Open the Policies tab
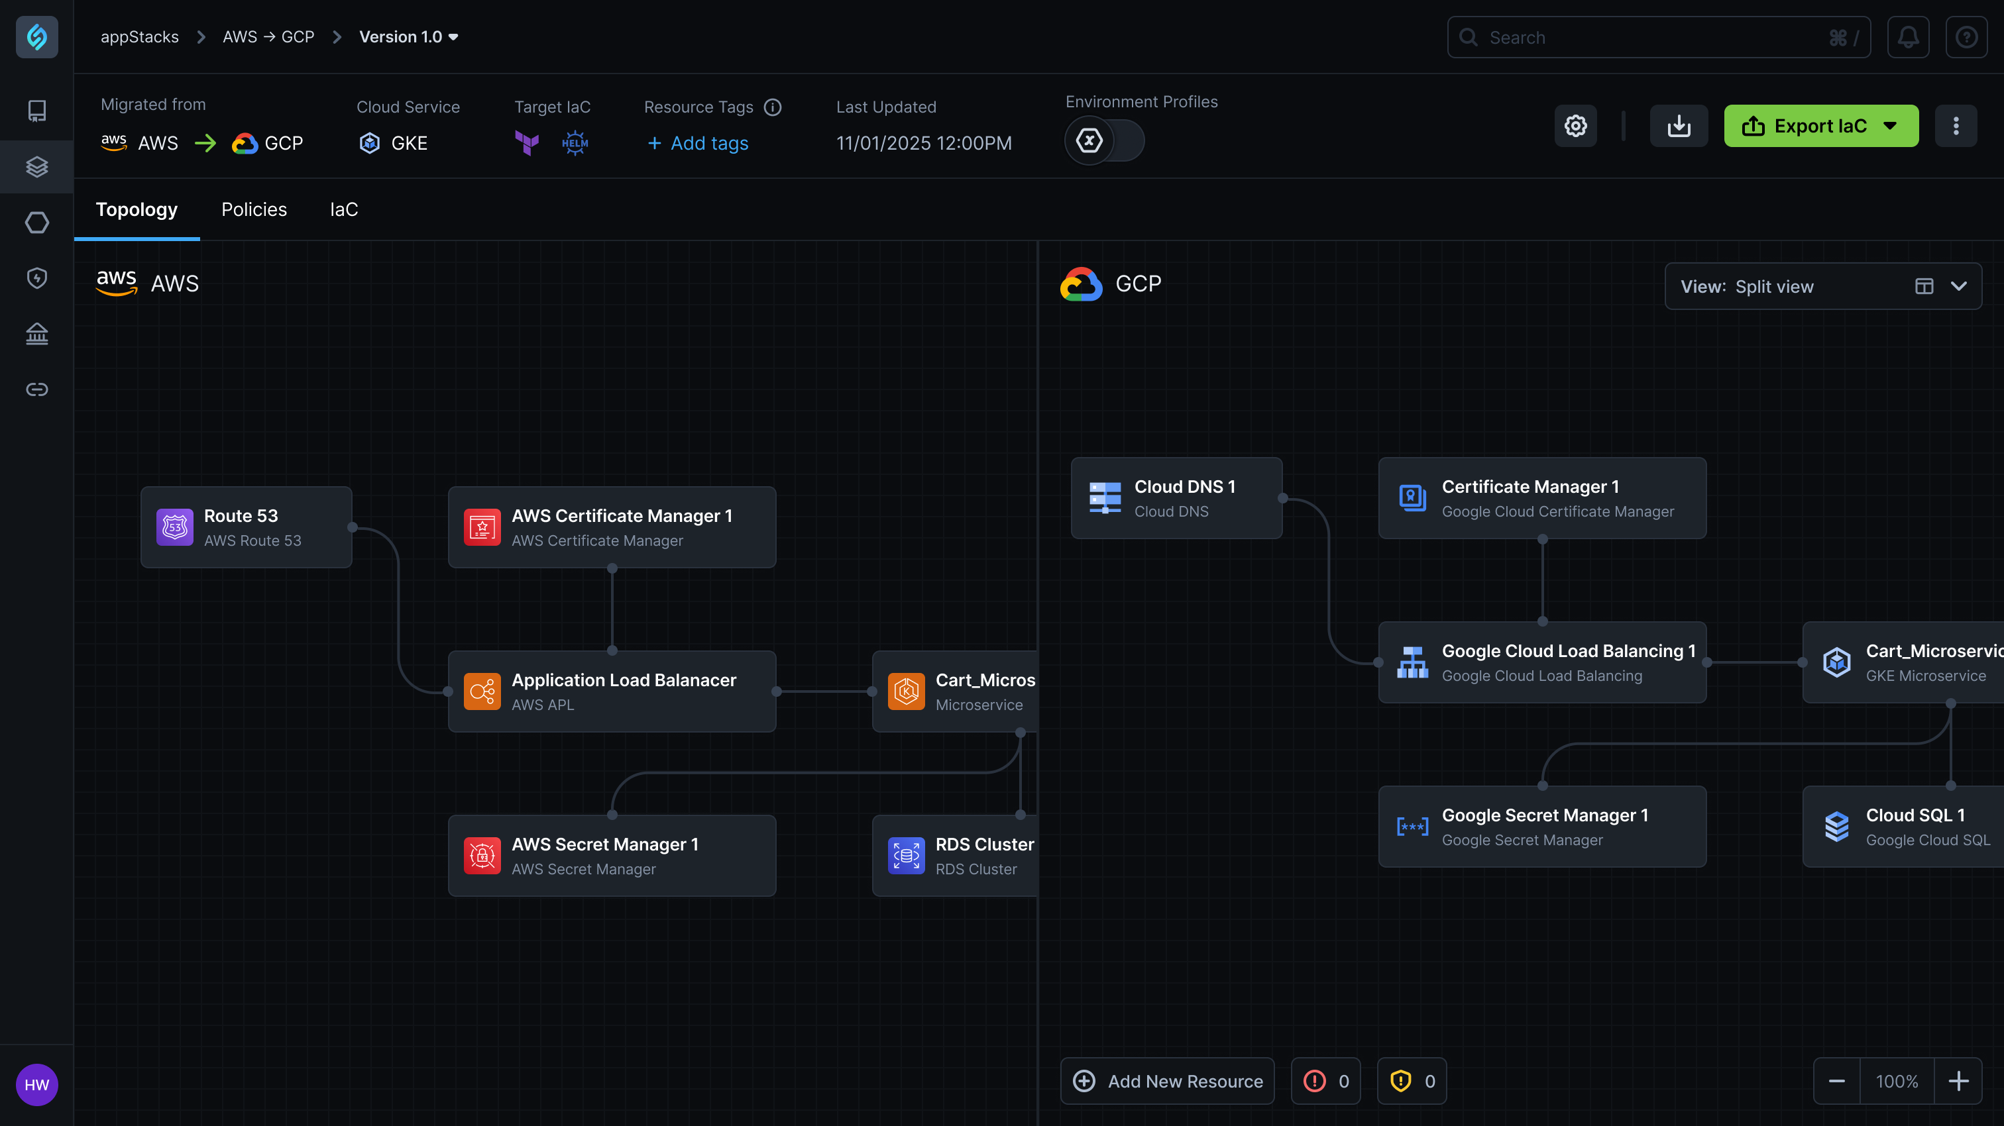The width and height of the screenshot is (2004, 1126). pos(254,209)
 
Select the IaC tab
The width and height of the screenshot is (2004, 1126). pos(343,209)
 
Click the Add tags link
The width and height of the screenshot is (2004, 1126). pos(698,143)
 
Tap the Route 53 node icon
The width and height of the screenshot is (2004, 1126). pos(175,527)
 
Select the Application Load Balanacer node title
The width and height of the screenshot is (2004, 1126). pos(623,680)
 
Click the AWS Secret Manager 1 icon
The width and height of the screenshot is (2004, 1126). pos(482,855)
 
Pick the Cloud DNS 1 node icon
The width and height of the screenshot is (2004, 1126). pos(1105,497)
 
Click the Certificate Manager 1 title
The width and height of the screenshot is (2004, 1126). pos(1530,487)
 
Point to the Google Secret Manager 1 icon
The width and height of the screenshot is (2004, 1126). pos(1412,827)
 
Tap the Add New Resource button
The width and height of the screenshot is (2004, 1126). pos(1167,1081)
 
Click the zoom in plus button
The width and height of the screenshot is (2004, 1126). pos(1958,1081)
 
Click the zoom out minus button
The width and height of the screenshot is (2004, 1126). pos(1837,1081)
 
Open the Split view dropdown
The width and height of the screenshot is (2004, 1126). pos(1822,286)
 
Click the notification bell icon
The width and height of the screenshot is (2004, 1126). pos(1907,37)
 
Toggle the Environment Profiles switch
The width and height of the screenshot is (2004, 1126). pos(1104,140)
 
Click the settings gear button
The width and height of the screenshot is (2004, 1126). pos(1575,126)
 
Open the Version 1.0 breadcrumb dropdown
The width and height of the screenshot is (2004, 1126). pos(408,37)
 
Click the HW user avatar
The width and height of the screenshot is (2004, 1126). pos(36,1085)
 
